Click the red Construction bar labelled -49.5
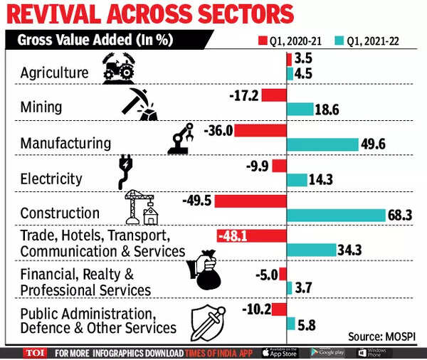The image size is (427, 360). coord(250,201)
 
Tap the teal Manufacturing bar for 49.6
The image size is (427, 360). coord(322,144)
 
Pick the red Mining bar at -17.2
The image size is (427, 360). coord(273,95)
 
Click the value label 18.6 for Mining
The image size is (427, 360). coord(328,109)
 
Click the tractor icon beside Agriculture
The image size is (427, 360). coord(119,71)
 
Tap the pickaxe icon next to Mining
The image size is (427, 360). coord(142,105)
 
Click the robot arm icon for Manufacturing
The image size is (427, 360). coord(180,139)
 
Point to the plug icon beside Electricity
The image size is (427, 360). coord(127,173)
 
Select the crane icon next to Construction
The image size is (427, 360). coord(141,207)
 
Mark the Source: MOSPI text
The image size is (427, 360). coord(384,336)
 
